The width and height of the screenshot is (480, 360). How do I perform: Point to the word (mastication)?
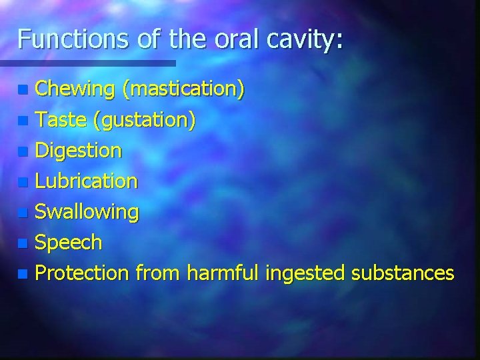coord(183,89)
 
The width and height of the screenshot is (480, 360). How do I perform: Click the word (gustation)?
coord(144,120)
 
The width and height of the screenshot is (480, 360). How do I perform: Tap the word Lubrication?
coord(86,181)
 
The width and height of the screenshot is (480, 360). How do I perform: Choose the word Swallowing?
coord(87,213)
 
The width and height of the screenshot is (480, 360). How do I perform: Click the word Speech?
coord(68,243)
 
